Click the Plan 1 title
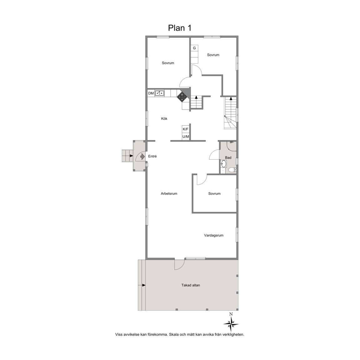pos(180,28)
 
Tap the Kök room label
pos(164,118)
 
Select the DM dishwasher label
pos(151,93)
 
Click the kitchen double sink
pos(160,93)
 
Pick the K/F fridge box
pos(186,129)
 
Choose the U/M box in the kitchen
pos(186,137)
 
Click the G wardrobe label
pos(194,48)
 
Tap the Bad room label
pos(228,157)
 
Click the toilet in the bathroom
pos(232,170)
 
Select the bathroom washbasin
pos(223,164)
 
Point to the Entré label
pos(152,156)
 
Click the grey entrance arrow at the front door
pos(142,157)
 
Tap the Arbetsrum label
pos(169,193)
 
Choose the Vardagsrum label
pos(214,235)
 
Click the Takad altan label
pos(191,285)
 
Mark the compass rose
pos(231,324)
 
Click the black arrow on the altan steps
pos(144,285)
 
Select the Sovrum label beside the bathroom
pos(214,193)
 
